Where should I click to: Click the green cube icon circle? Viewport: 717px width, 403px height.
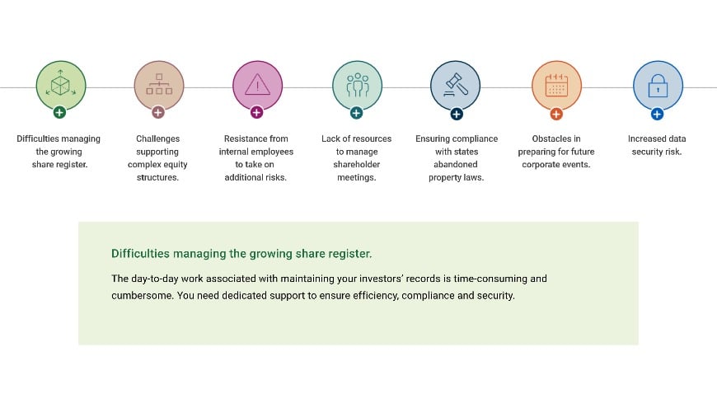tap(60, 86)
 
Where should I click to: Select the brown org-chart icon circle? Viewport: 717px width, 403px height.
tap(158, 86)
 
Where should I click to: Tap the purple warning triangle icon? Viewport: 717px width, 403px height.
tap(257, 86)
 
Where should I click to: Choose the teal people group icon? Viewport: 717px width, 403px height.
tap(357, 86)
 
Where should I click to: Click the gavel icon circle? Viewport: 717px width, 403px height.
tap(455, 86)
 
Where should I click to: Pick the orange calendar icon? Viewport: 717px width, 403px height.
tap(556, 86)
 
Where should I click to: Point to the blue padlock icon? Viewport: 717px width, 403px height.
tap(657, 86)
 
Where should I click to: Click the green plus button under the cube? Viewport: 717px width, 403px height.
tap(59, 112)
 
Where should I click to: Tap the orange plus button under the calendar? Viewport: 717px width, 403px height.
tap(556, 113)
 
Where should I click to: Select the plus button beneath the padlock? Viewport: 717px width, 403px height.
tap(657, 113)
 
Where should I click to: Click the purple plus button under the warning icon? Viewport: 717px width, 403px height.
tap(256, 112)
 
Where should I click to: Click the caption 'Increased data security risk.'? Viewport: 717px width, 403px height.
tap(657, 145)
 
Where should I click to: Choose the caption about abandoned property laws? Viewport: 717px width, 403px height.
tap(455, 158)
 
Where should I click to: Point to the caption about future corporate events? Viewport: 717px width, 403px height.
tap(556, 152)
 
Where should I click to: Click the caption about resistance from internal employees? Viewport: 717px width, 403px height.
tap(255, 158)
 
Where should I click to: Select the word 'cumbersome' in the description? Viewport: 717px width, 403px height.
tap(138, 296)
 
